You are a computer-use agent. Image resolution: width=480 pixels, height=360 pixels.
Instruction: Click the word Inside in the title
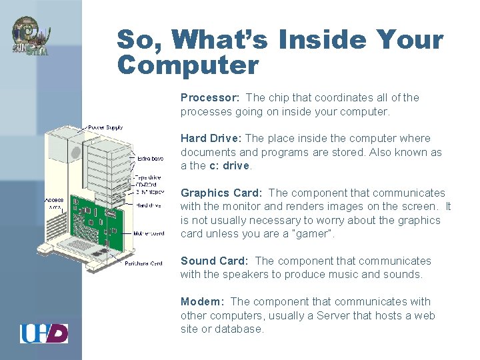point(317,40)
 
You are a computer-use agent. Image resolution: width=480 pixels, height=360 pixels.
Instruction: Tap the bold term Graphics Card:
point(221,193)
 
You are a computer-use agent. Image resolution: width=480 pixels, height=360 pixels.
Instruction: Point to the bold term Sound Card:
point(214,261)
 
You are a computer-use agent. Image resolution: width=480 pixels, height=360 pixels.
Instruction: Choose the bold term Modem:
point(202,302)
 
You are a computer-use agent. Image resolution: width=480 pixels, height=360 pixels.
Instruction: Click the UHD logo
point(44,333)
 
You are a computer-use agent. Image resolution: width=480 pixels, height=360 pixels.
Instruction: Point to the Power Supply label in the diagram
point(105,127)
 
